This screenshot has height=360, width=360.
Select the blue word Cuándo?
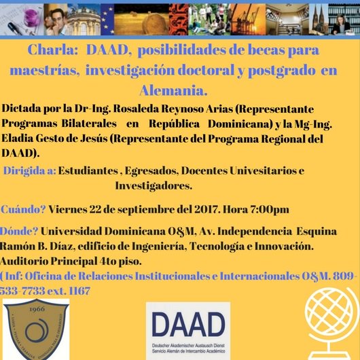coord(24,209)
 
